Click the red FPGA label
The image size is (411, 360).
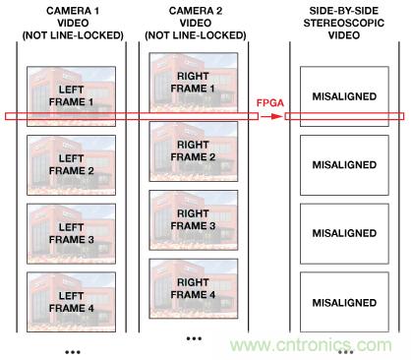click(270, 102)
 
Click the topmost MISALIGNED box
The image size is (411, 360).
click(343, 95)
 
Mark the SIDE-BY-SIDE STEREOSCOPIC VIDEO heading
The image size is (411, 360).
click(343, 21)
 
